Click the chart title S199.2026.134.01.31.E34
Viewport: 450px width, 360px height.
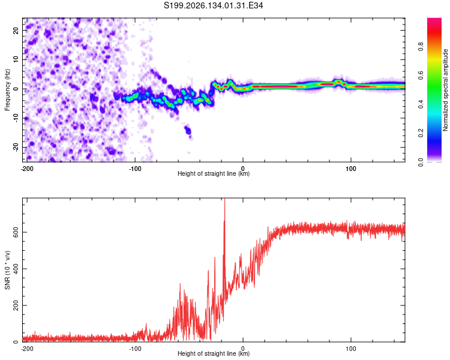[213, 5]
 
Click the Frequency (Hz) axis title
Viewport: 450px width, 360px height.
[7, 90]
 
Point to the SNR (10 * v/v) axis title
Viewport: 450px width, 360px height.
[7, 270]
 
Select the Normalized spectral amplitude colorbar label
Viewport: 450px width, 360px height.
[445, 90]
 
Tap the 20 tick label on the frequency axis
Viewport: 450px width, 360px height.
[16, 30]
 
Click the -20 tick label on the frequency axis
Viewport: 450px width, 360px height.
[16, 148]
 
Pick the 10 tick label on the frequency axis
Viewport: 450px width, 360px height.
[16, 59]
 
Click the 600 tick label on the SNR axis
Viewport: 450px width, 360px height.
[16, 232]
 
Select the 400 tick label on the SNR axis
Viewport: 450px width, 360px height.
[16, 269]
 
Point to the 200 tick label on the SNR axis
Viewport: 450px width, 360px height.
[16, 305]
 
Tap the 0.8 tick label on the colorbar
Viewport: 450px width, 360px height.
[421, 47]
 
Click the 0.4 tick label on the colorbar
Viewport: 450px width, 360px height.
[421, 104]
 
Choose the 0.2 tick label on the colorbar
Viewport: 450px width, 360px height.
[421, 133]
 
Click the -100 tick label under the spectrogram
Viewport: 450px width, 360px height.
[135, 169]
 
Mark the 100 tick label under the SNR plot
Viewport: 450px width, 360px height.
[351, 349]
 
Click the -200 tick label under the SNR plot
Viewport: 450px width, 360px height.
[27, 349]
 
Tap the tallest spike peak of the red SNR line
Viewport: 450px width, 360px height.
[224, 199]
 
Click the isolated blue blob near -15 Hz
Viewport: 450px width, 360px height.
[188, 131]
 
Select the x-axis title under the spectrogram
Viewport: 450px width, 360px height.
[214, 173]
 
